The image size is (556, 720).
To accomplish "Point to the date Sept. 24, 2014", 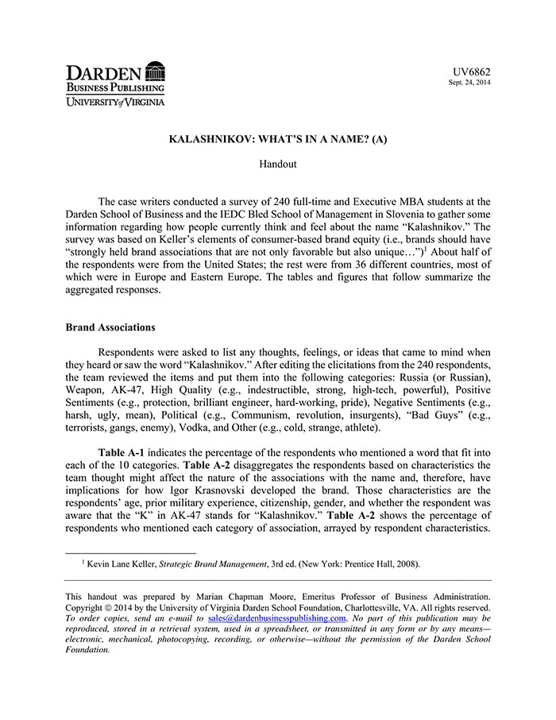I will [x=469, y=83].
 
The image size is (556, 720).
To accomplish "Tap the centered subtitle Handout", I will [x=278, y=164].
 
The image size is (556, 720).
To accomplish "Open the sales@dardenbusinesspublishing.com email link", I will [x=276, y=617].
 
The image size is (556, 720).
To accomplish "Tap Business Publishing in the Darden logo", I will [x=115, y=87].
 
